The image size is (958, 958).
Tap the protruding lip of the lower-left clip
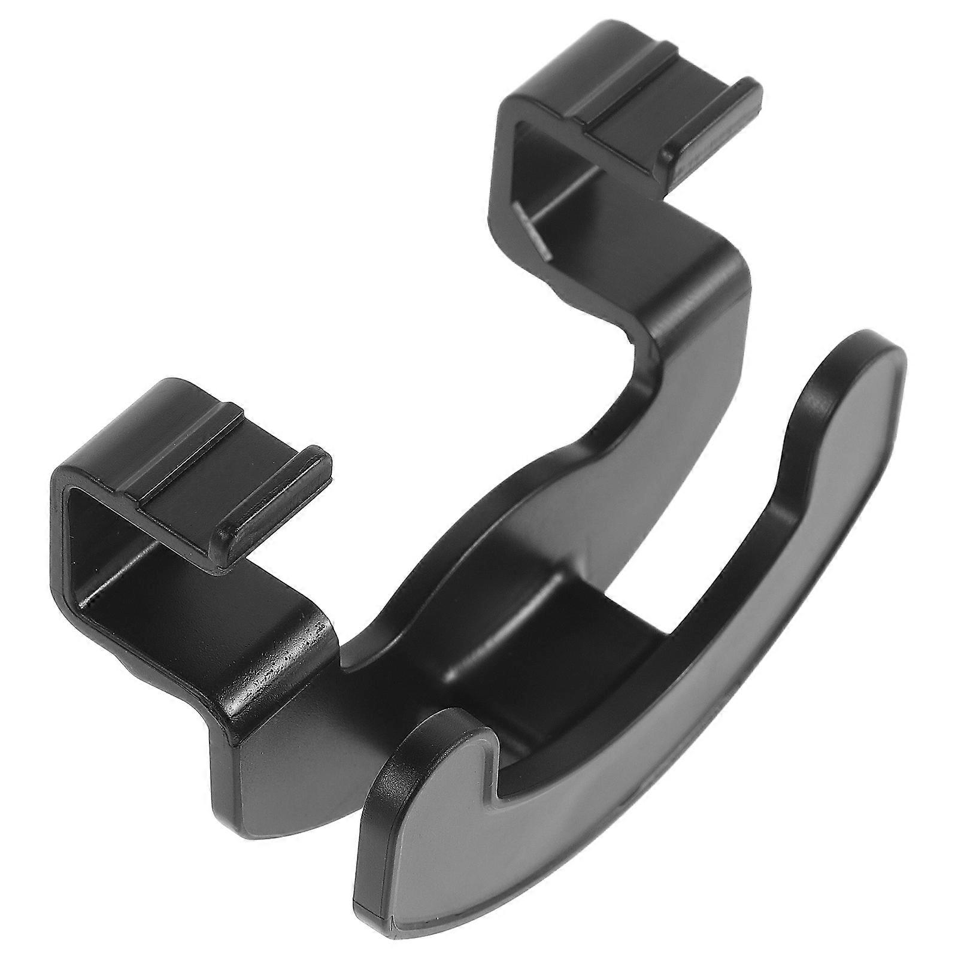(x=281, y=497)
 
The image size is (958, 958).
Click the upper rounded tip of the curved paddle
(x=868, y=371)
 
